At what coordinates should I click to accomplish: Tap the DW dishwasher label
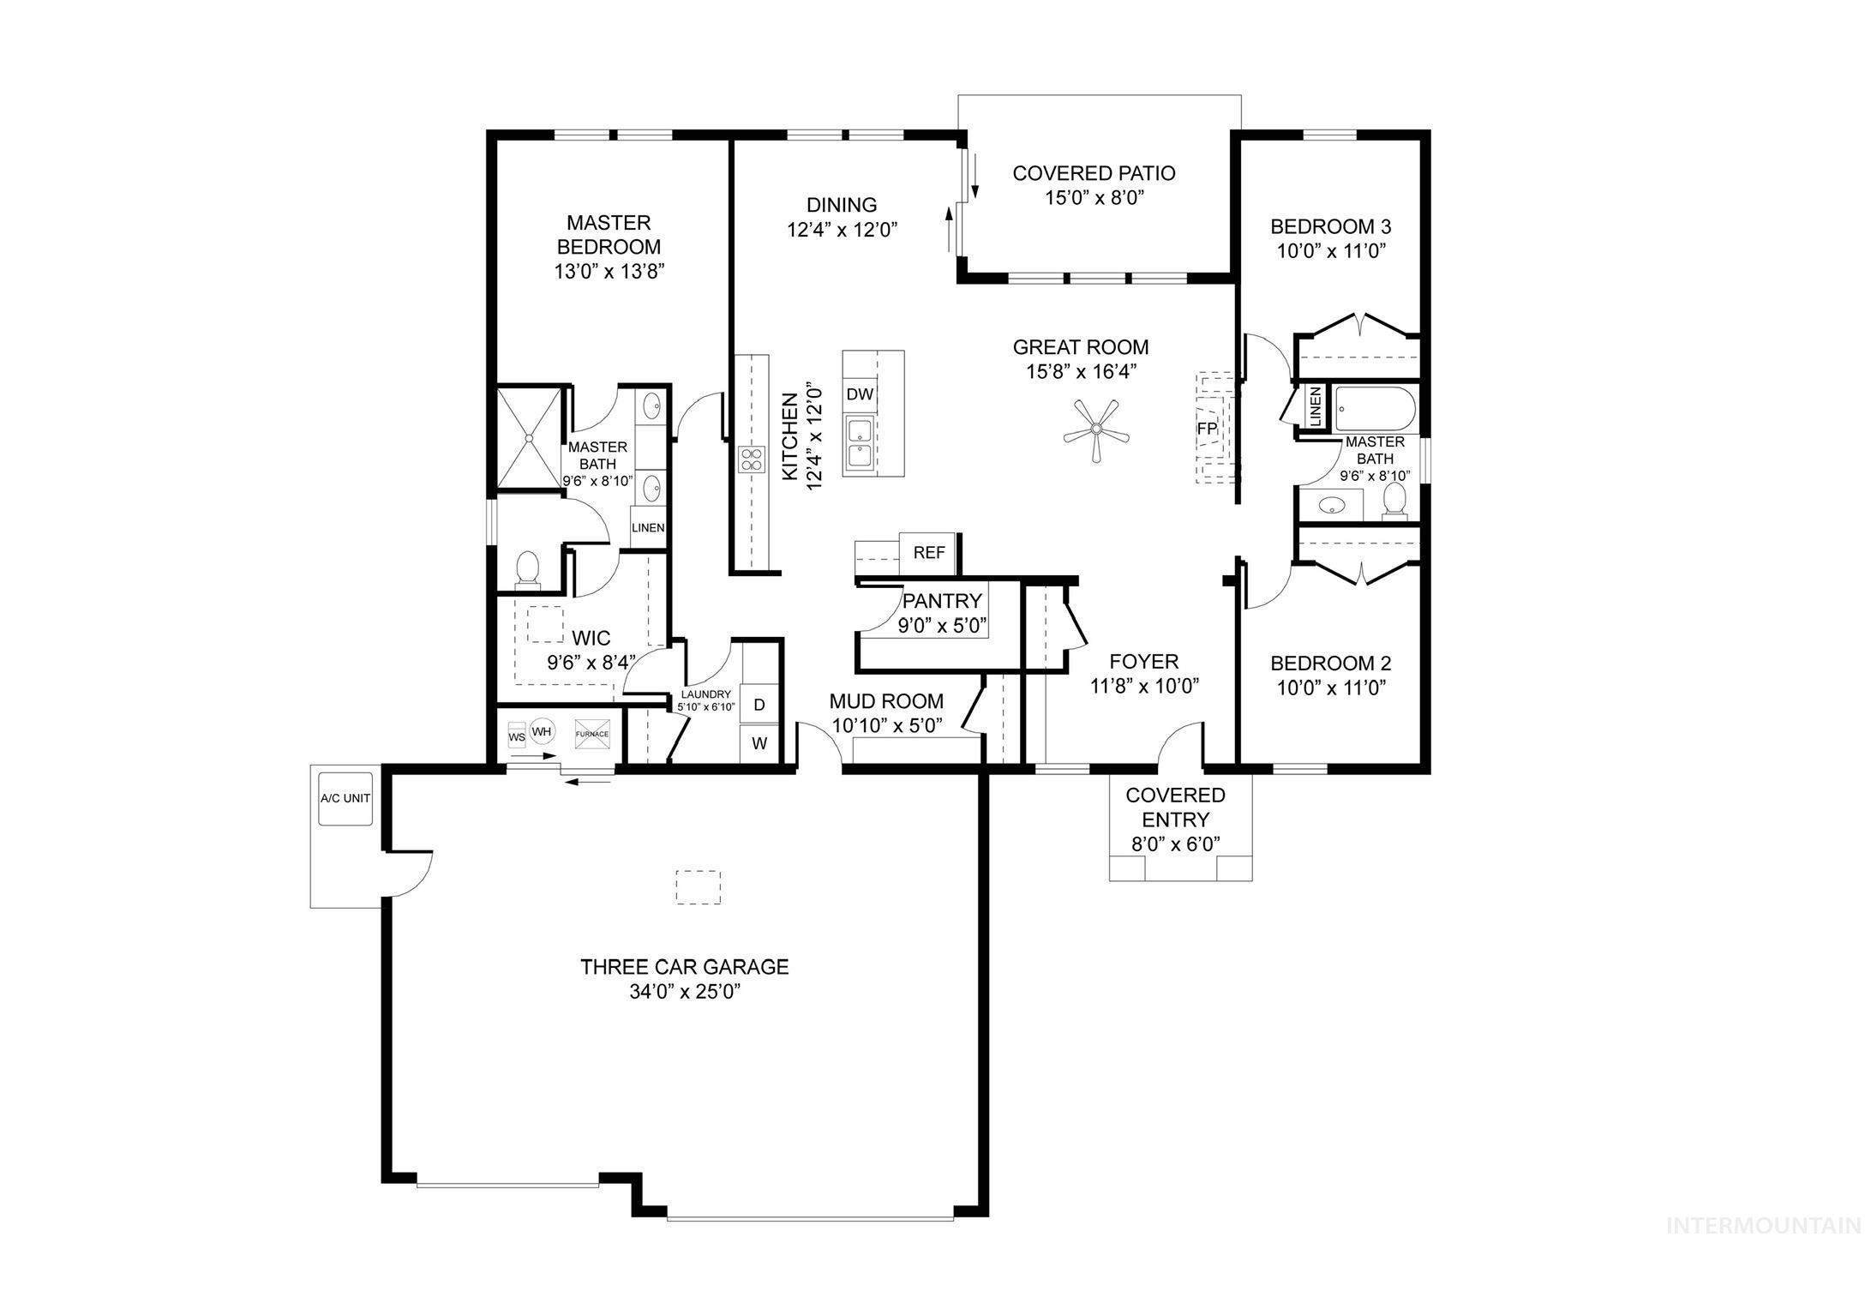tap(860, 394)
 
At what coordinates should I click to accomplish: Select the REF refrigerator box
tap(928, 553)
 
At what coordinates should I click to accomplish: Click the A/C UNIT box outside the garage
tap(345, 798)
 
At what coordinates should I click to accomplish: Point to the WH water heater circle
tap(542, 731)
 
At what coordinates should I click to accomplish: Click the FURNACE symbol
tap(591, 735)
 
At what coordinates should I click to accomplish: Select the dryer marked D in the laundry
tap(759, 705)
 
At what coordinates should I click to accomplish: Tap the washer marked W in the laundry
tap(759, 743)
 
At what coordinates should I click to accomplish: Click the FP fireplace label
tap(1207, 427)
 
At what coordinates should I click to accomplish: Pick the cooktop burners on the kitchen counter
tap(752, 459)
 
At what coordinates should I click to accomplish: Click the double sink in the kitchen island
tap(860, 444)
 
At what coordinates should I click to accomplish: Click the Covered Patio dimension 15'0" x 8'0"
tap(1094, 198)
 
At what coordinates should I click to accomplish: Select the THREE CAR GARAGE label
tap(684, 967)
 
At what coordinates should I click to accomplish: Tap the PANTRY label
tap(942, 601)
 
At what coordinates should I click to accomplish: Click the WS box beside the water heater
tap(517, 736)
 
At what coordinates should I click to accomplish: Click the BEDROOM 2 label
tap(1330, 664)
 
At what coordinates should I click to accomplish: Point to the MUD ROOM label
tap(886, 701)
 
